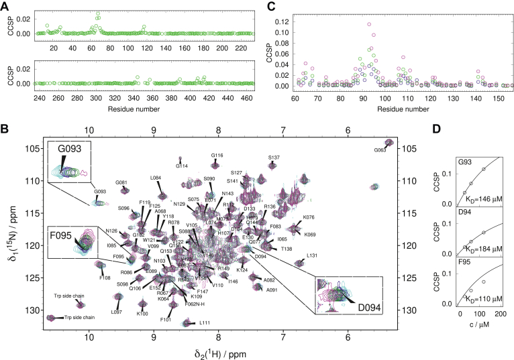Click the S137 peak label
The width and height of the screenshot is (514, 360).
click(274, 158)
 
